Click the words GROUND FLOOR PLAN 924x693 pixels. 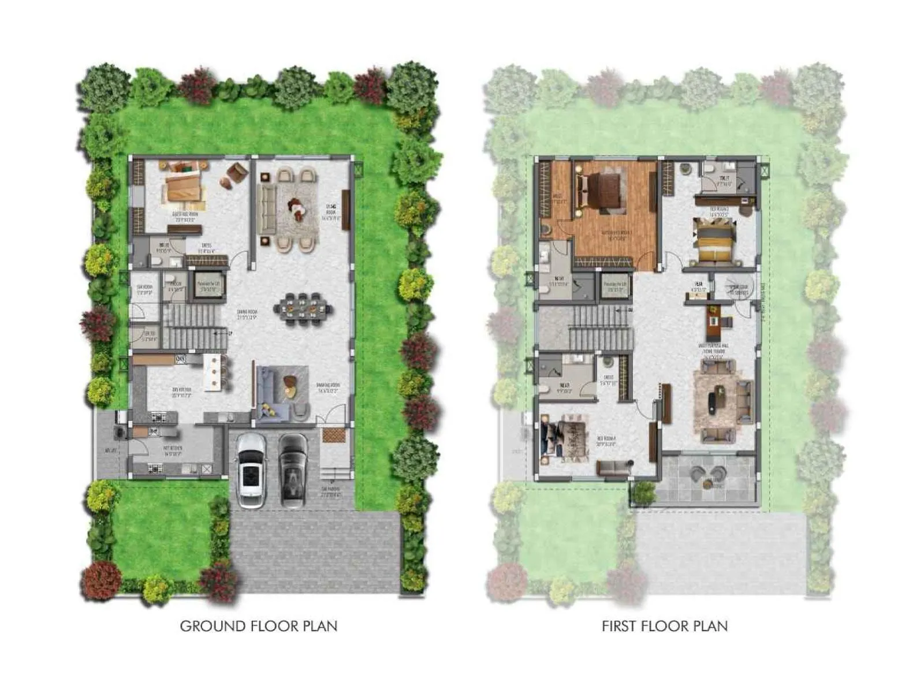click(x=259, y=626)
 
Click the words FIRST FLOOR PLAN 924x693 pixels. click(x=664, y=626)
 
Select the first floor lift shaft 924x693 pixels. click(x=613, y=285)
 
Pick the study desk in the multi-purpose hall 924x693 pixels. click(x=714, y=316)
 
